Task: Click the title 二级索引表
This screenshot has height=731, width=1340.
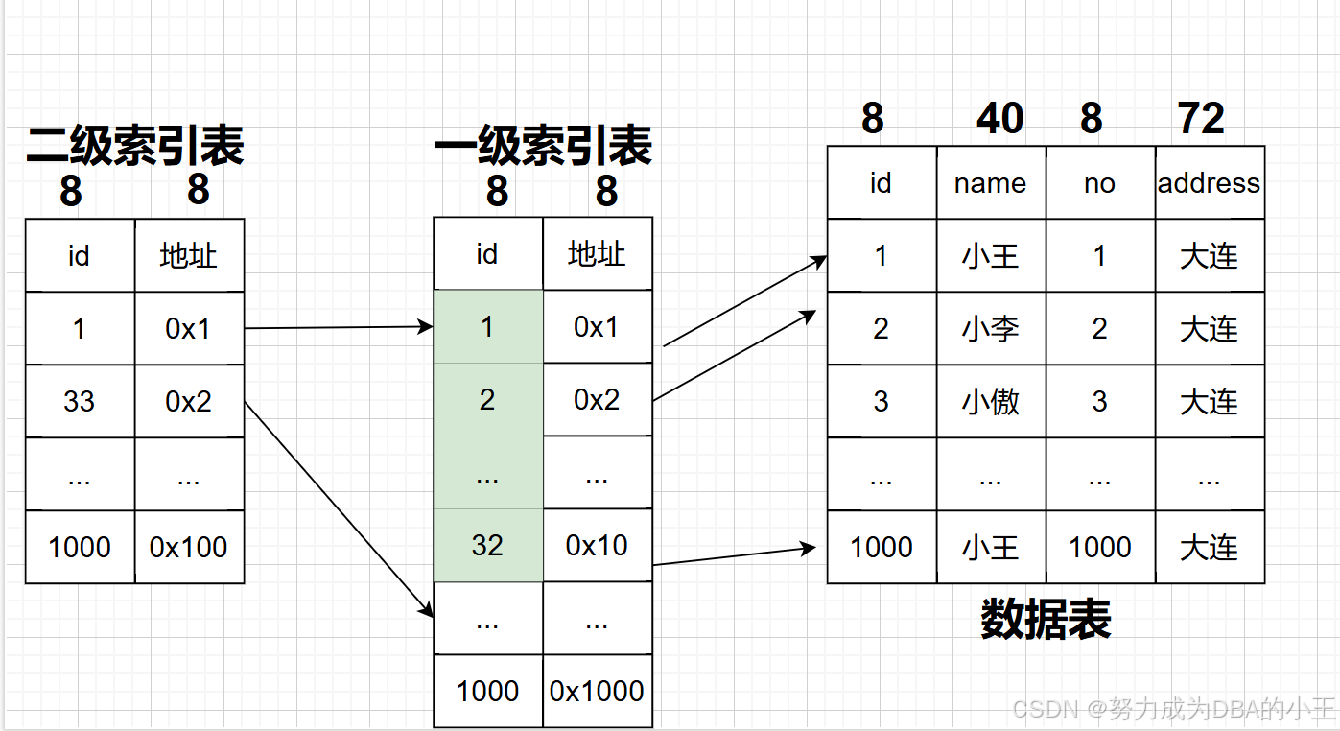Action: pyautogui.click(x=135, y=145)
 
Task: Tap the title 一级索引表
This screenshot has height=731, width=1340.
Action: pyautogui.click(x=543, y=147)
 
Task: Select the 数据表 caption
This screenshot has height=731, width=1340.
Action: pyautogui.click(x=1046, y=619)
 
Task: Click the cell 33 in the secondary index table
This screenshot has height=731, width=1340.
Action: pyautogui.click(x=79, y=401)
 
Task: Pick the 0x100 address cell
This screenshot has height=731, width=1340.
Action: pyautogui.click(x=189, y=547)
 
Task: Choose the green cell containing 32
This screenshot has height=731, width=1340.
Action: pyautogui.click(x=487, y=545)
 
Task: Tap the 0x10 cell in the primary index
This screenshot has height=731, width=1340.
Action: pyautogui.click(x=597, y=545)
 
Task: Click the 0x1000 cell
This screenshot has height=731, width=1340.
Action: pyautogui.click(x=597, y=691)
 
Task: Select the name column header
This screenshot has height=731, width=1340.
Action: pyautogui.click(x=990, y=183)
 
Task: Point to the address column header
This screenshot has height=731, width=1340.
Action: pyautogui.click(x=1209, y=183)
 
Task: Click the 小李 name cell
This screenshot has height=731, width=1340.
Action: pyautogui.click(x=990, y=329)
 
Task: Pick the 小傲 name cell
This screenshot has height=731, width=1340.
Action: pyautogui.click(x=990, y=401)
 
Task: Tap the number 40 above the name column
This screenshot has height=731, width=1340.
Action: pyautogui.click(x=999, y=119)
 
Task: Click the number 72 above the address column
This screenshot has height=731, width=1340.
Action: pyautogui.click(x=1201, y=119)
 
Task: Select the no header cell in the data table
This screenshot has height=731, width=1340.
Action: pyautogui.click(x=1099, y=183)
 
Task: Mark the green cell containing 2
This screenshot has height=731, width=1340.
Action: pyautogui.click(x=487, y=399)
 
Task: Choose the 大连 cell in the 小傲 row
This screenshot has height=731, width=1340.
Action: pyautogui.click(x=1209, y=401)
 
